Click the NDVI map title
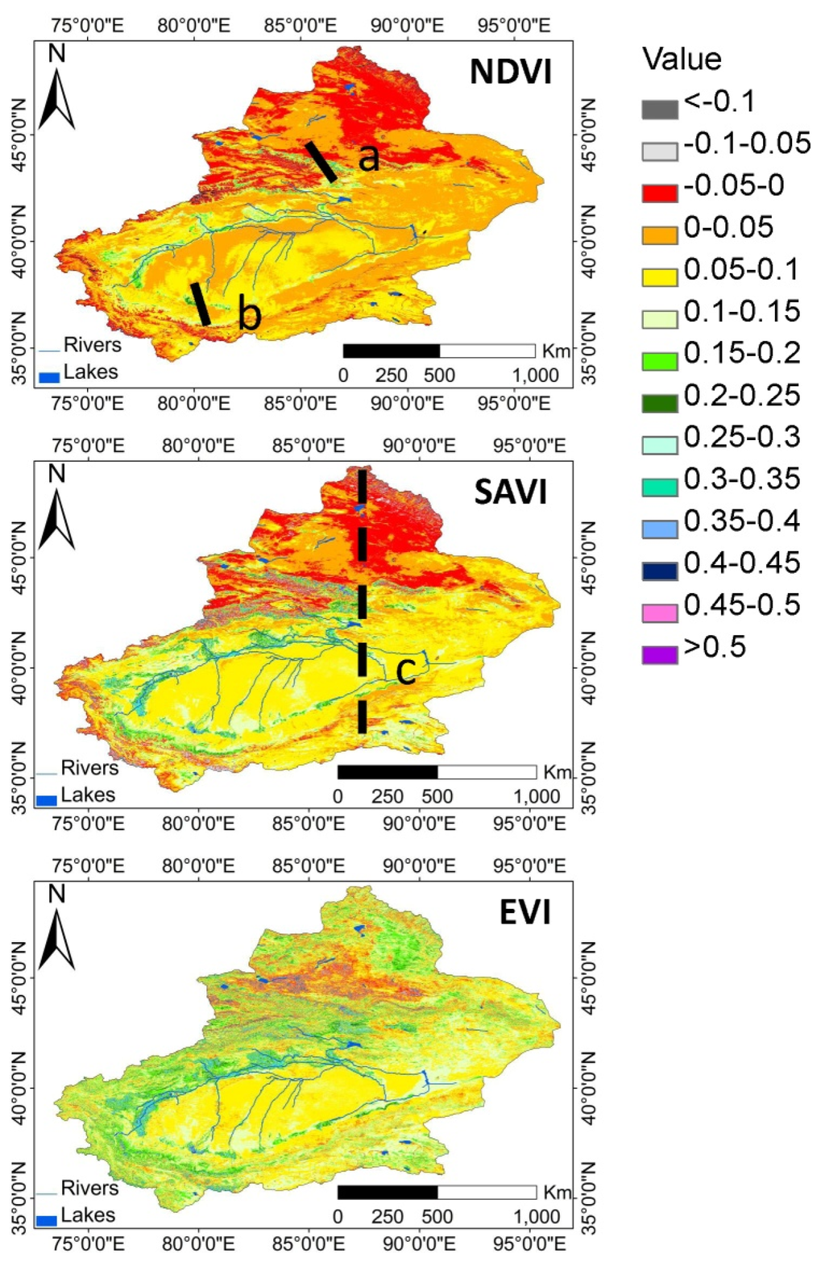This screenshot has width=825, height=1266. pyautogui.click(x=510, y=72)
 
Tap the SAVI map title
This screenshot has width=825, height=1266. pyautogui.click(x=510, y=492)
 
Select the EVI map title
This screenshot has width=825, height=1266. pyautogui.click(x=524, y=912)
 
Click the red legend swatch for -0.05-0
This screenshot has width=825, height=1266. pyautogui.click(x=659, y=193)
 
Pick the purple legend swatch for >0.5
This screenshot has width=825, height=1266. pyautogui.click(x=659, y=654)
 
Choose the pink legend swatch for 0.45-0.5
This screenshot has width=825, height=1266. pyautogui.click(x=659, y=612)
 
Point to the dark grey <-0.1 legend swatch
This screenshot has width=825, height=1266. pyautogui.click(x=659, y=109)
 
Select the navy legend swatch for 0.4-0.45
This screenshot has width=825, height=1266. pyautogui.click(x=659, y=571)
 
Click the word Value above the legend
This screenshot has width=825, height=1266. pyautogui.click(x=681, y=59)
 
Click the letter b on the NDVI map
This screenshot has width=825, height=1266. pyautogui.click(x=250, y=313)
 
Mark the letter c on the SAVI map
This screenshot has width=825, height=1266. pyautogui.click(x=405, y=670)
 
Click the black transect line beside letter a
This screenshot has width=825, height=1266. pyautogui.click(x=321, y=162)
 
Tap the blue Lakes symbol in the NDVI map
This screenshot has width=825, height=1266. pyautogui.click(x=49, y=376)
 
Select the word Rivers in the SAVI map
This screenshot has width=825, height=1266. pyautogui.click(x=89, y=767)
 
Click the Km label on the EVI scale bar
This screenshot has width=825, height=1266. pyautogui.click(x=557, y=1192)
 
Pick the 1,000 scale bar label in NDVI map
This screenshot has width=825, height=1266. pyautogui.click(x=535, y=376)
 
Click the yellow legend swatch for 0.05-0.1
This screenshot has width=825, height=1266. pyautogui.click(x=659, y=276)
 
